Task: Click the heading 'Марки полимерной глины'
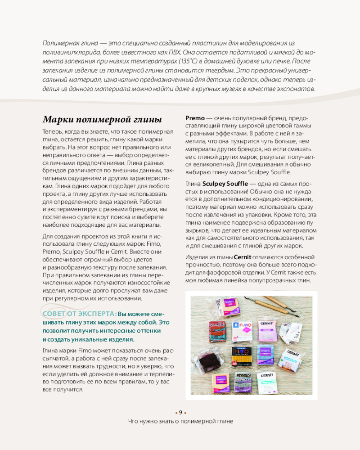point(102,120)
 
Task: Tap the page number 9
point(180,413)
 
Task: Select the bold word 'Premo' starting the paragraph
point(195,117)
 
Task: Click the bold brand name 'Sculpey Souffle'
point(225,184)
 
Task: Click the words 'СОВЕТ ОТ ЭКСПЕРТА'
point(79,314)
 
